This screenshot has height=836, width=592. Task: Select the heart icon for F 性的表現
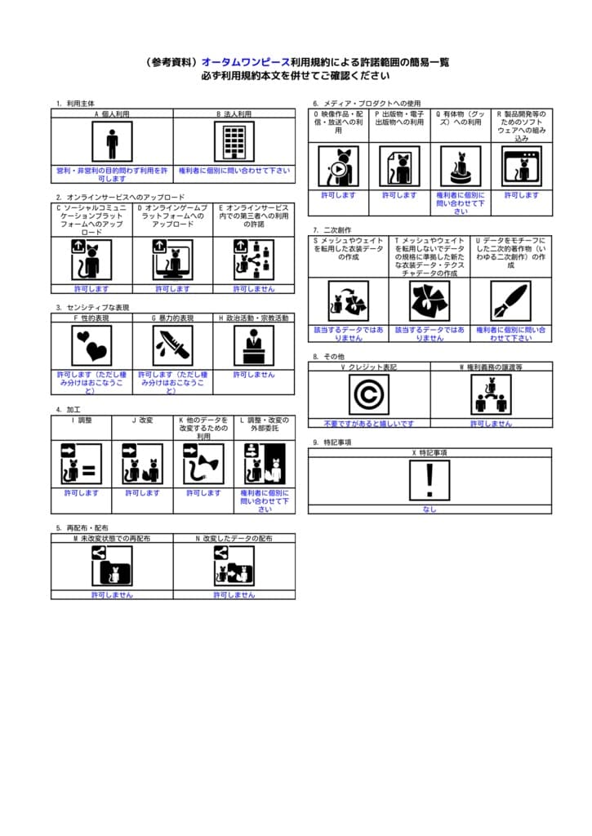(91, 345)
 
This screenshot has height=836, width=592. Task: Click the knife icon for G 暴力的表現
(173, 345)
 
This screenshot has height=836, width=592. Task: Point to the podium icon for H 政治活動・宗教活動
(254, 345)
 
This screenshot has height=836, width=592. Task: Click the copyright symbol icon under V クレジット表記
(369, 395)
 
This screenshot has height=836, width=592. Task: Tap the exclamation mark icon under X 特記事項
(430, 480)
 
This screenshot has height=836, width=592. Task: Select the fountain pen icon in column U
(510, 300)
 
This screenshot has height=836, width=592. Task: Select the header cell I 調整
(82, 420)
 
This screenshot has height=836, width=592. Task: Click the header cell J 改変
(142, 420)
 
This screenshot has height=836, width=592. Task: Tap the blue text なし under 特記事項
(430, 509)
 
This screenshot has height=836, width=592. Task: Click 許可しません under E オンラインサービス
(254, 289)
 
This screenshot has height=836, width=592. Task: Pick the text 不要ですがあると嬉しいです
(369, 424)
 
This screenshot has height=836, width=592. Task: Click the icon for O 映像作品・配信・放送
(338, 167)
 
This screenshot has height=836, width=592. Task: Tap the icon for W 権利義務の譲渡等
(491, 395)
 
